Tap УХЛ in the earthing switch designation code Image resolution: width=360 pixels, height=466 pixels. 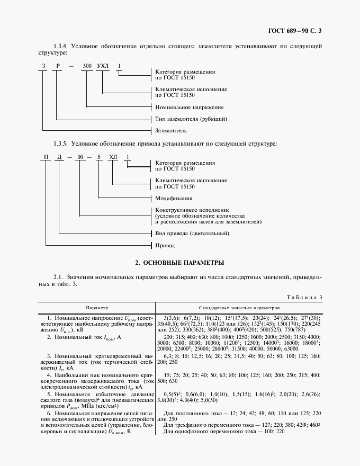coord(102,66)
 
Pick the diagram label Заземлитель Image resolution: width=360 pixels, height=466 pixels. coord(170,130)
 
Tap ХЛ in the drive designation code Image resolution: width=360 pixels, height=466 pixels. coord(113,157)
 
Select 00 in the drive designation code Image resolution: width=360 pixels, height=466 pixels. coord(79,157)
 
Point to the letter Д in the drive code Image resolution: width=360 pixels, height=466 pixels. coord(60,157)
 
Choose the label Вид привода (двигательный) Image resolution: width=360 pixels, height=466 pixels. coord(195,234)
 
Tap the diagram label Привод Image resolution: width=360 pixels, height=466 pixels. coord(164,245)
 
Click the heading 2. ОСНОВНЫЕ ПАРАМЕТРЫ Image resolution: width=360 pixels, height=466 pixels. coord(179,262)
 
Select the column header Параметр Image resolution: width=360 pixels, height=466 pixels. coord(96,307)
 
